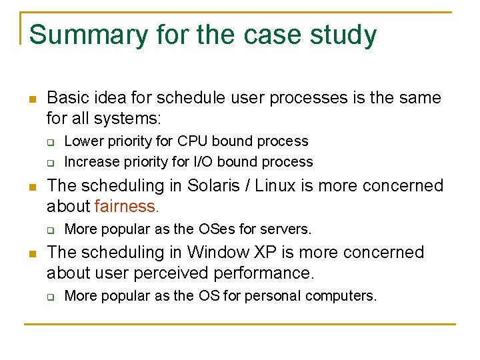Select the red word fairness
(127, 206)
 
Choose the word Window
(212, 253)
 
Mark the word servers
(286, 229)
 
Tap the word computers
(343, 296)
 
